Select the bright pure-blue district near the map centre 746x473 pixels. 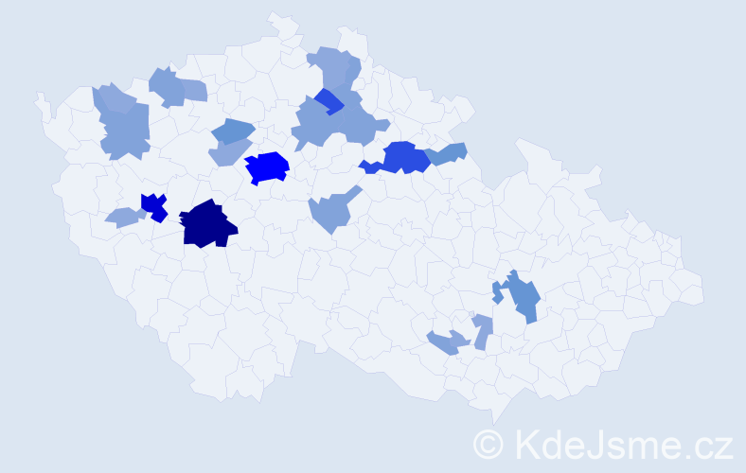click(x=267, y=167)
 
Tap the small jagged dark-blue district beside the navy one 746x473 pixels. click(x=154, y=205)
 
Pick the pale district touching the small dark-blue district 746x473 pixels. click(x=123, y=218)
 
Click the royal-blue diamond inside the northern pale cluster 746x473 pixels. click(x=329, y=100)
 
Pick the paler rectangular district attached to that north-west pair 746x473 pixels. click(x=193, y=91)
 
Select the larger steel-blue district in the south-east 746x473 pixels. click(x=523, y=298)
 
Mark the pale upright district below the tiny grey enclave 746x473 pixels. click(x=482, y=331)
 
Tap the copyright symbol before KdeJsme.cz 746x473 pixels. click(x=488, y=445)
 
